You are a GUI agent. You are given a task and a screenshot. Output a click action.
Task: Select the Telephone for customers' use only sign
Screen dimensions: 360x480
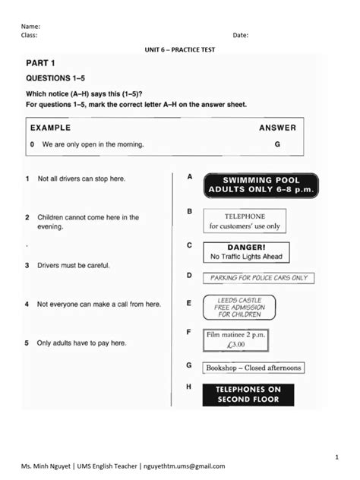(x=245, y=220)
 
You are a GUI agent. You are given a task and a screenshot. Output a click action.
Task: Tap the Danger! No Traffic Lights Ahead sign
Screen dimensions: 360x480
(x=246, y=252)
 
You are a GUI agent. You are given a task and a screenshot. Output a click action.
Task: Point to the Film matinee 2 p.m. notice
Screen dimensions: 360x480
(x=235, y=339)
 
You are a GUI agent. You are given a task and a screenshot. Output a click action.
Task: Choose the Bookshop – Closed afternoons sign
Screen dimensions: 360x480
(x=254, y=368)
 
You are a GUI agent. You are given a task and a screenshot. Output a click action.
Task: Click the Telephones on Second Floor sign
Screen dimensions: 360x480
(x=248, y=394)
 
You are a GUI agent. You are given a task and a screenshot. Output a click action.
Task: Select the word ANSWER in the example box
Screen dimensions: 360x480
(x=277, y=128)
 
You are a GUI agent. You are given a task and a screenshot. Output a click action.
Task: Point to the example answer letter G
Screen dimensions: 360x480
(x=277, y=144)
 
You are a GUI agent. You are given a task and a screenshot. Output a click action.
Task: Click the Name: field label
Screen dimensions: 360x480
(x=30, y=26)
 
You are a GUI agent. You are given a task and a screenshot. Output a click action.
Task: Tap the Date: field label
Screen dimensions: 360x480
(x=240, y=35)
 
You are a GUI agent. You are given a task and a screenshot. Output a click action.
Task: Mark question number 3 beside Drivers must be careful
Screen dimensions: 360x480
(x=27, y=266)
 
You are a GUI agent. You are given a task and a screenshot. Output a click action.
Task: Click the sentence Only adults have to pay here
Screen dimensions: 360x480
(x=81, y=343)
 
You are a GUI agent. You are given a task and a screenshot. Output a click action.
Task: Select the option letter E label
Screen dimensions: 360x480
(x=189, y=303)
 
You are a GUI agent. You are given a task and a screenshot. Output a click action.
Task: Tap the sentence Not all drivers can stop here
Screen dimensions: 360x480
(x=81, y=178)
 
